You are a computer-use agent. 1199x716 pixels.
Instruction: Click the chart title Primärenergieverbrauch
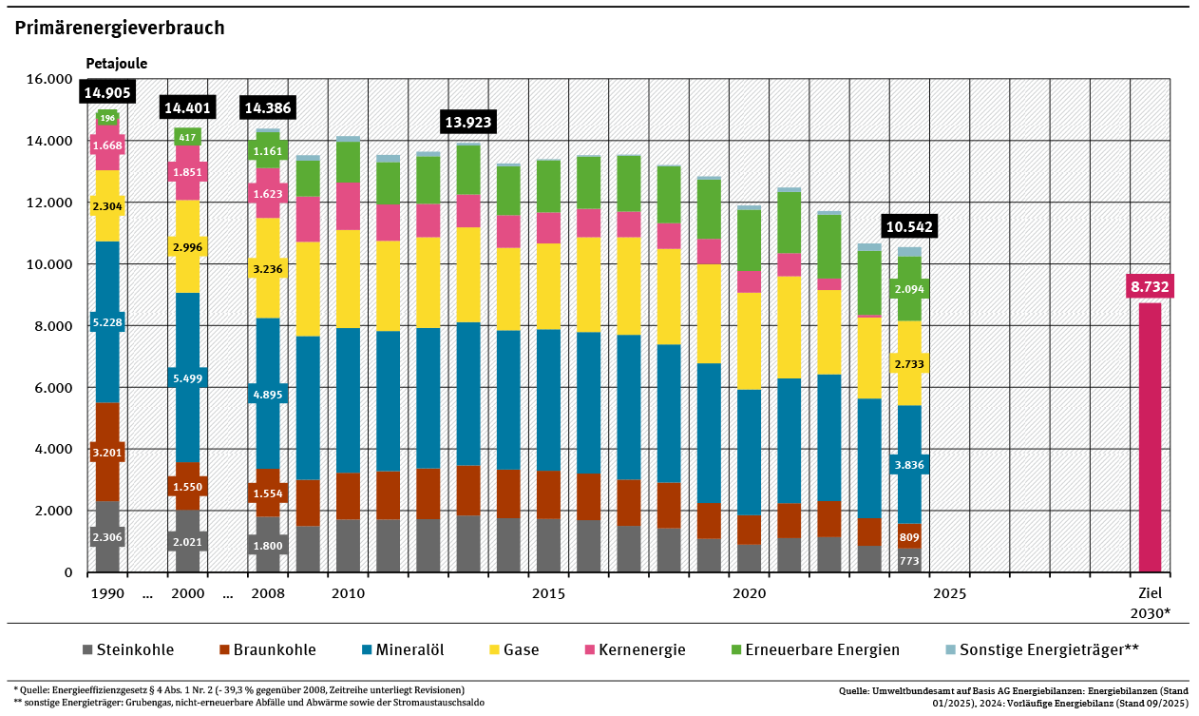[120, 28]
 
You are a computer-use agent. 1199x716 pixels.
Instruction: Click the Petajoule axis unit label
[117, 64]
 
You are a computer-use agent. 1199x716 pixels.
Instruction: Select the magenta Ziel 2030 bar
[1150, 437]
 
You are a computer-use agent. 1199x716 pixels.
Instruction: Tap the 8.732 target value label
[1150, 286]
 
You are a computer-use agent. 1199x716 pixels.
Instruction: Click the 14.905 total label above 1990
[107, 92]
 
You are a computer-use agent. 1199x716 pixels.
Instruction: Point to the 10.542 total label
[909, 226]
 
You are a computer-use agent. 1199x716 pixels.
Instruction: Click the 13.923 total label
[468, 123]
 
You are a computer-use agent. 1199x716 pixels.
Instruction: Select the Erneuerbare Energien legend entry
[815, 650]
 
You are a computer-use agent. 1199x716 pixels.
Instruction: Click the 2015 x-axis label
[548, 593]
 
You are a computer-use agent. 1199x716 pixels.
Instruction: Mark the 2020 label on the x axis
[749, 593]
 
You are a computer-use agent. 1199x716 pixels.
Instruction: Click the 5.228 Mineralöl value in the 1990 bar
[107, 323]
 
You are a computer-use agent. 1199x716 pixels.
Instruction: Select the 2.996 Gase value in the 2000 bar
[187, 247]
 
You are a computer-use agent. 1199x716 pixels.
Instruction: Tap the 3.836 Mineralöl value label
[909, 465]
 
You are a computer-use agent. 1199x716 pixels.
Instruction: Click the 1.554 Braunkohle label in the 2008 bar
[268, 493]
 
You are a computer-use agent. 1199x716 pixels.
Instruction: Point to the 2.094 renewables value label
[909, 289]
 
